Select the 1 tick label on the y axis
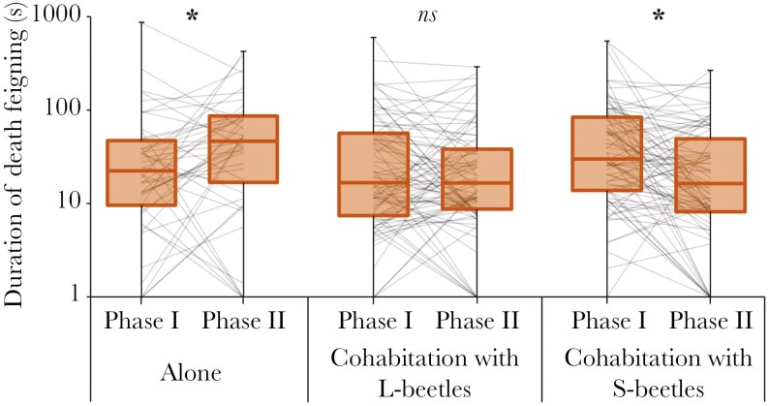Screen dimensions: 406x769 pyautogui.click(x=73, y=297)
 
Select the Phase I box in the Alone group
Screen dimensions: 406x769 pyautogui.click(x=141, y=172)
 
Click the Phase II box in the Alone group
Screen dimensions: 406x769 pyautogui.click(x=242, y=149)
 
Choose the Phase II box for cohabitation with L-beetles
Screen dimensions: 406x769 pyautogui.click(x=476, y=178)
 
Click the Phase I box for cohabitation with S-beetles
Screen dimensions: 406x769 pyautogui.click(x=607, y=153)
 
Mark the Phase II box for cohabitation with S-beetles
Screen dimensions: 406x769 pyautogui.click(x=710, y=174)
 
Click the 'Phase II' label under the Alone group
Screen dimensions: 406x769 pyautogui.click(x=244, y=320)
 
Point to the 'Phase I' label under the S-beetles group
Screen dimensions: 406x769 pyautogui.click(x=609, y=320)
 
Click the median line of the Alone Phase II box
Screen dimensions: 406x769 pyautogui.click(x=242, y=141)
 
